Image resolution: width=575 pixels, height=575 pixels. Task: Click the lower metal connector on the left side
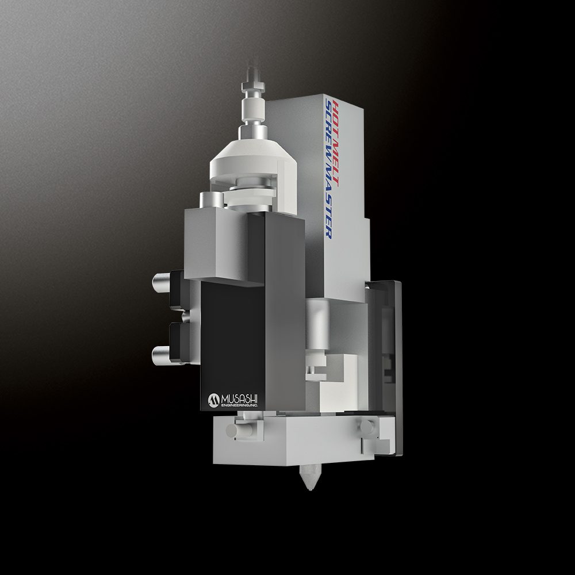[x=162, y=352]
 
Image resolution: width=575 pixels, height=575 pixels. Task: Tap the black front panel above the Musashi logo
[x=230, y=333]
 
